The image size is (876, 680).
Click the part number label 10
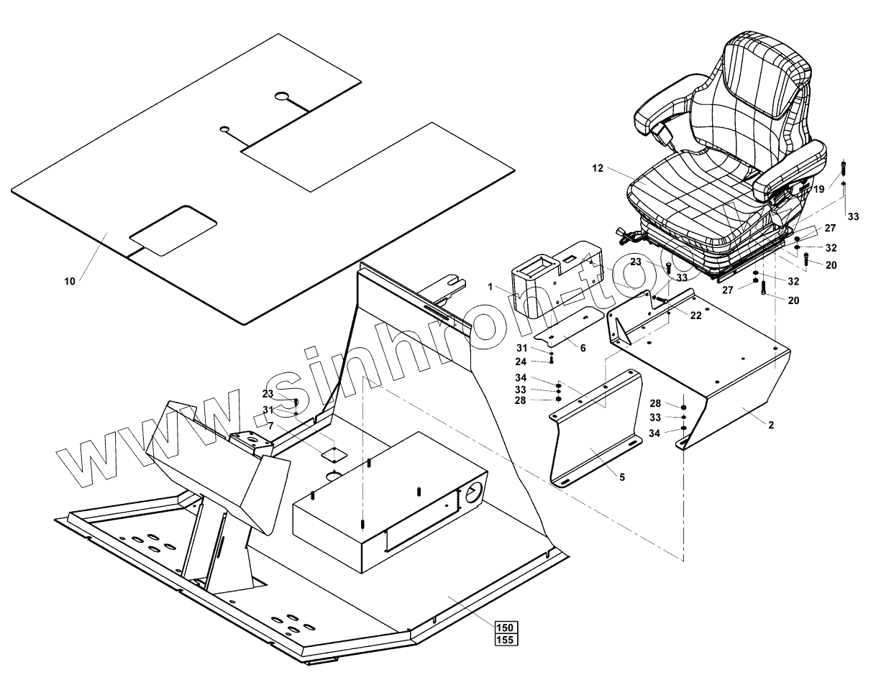(x=69, y=281)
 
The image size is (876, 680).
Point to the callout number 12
(x=598, y=168)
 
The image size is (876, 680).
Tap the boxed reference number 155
(x=506, y=640)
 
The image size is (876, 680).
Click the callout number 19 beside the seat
(x=818, y=189)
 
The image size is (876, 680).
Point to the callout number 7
(x=270, y=426)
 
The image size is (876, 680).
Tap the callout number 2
(x=771, y=425)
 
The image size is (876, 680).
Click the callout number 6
(x=583, y=348)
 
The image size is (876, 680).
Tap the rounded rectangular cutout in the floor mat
(x=173, y=230)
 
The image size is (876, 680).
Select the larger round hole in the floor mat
(x=282, y=96)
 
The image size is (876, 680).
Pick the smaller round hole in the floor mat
(x=225, y=129)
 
